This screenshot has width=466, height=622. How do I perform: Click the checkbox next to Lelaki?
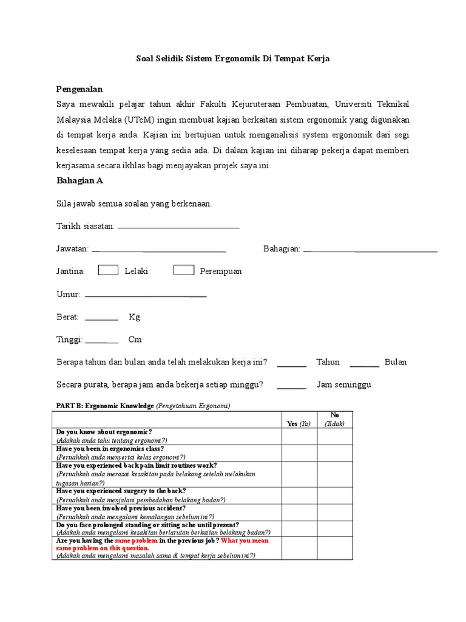coord(108,270)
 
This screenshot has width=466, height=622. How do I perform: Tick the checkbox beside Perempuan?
coord(184,270)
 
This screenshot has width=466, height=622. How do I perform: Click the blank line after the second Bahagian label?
coord(370,250)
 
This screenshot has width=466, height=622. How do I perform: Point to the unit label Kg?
coord(134,317)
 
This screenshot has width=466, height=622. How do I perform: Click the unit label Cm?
coord(135,340)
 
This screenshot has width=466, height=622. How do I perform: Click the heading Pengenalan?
coord(79,89)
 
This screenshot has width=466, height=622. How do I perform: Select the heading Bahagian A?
coord(79,180)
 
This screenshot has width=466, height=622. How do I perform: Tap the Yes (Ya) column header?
coord(299,424)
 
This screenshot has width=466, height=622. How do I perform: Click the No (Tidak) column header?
coord(334,420)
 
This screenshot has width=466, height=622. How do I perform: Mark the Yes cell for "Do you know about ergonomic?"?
coord(299,436)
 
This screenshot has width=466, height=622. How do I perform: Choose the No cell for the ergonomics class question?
coord(334,453)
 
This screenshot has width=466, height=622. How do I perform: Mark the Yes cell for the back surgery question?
coord(299,495)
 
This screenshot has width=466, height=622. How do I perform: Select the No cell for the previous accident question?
coord(334,512)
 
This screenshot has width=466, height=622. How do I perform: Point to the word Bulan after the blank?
coord(396,362)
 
